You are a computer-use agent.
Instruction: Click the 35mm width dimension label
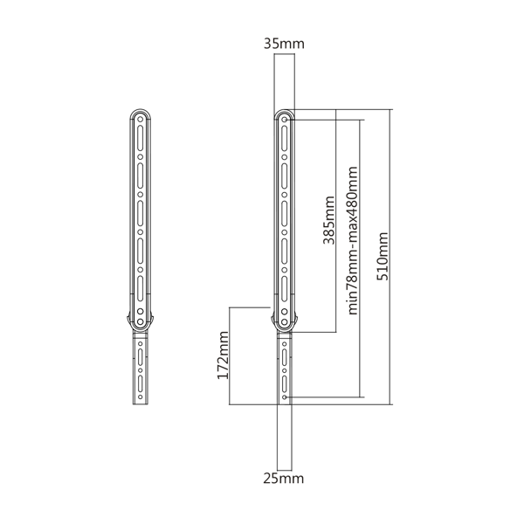284,44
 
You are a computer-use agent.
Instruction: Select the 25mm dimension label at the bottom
284,479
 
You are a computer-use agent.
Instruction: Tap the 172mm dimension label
223,355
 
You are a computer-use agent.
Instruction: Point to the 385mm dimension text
329,221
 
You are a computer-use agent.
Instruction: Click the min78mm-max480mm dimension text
353,241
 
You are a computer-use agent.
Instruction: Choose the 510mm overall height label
383,256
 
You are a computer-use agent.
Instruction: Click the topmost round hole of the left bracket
141,120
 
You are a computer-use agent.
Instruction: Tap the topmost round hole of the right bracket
285,120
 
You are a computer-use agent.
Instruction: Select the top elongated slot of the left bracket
141,138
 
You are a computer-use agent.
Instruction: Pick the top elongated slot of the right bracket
285,138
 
